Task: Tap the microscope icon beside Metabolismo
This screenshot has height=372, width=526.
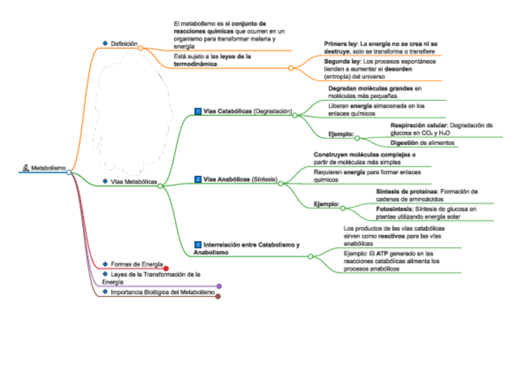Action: pyautogui.click(x=25, y=167)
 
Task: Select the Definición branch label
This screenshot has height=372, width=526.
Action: pyautogui.click(x=124, y=44)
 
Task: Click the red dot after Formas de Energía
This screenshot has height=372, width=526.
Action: pyautogui.click(x=166, y=268)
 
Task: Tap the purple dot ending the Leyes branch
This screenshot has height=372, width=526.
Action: pyautogui.click(x=219, y=286)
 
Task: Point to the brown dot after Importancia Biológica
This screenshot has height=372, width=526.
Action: pyautogui.click(x=218, y=296)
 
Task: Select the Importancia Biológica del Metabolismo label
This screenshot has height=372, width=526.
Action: pyautogui.click(x=163, y=291)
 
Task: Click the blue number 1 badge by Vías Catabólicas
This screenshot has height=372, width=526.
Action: pyautogui.click(x=198, y=112)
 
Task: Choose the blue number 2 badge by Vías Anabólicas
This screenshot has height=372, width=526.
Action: pyautogui.click(x=198, y=179)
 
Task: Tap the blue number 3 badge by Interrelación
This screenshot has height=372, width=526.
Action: pyautogui.click(x=198, y=245)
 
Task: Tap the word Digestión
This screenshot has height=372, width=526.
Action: pyautogui.click(x=403, y=143)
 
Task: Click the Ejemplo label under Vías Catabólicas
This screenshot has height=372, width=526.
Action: pyautogui.click(x=341, y=134)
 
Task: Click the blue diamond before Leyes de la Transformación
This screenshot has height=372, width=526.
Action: pyautogui.click(x=105, y=273)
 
